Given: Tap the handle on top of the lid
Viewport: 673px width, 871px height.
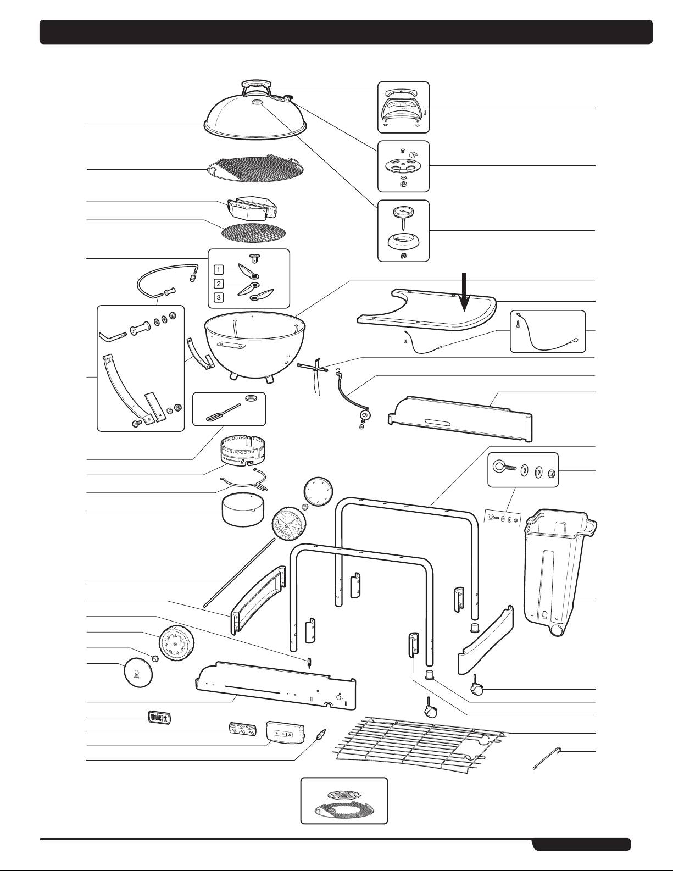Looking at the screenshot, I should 257,87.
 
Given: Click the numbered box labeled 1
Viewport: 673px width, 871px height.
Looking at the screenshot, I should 219,270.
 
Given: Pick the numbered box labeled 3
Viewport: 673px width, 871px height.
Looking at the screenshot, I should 219,298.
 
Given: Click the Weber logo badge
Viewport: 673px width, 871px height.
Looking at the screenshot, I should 159,717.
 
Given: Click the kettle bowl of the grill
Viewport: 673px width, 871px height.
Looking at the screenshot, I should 249,346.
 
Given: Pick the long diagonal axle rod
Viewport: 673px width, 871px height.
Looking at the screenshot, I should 238,572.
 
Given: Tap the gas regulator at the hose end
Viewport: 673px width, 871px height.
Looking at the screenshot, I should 363,416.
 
